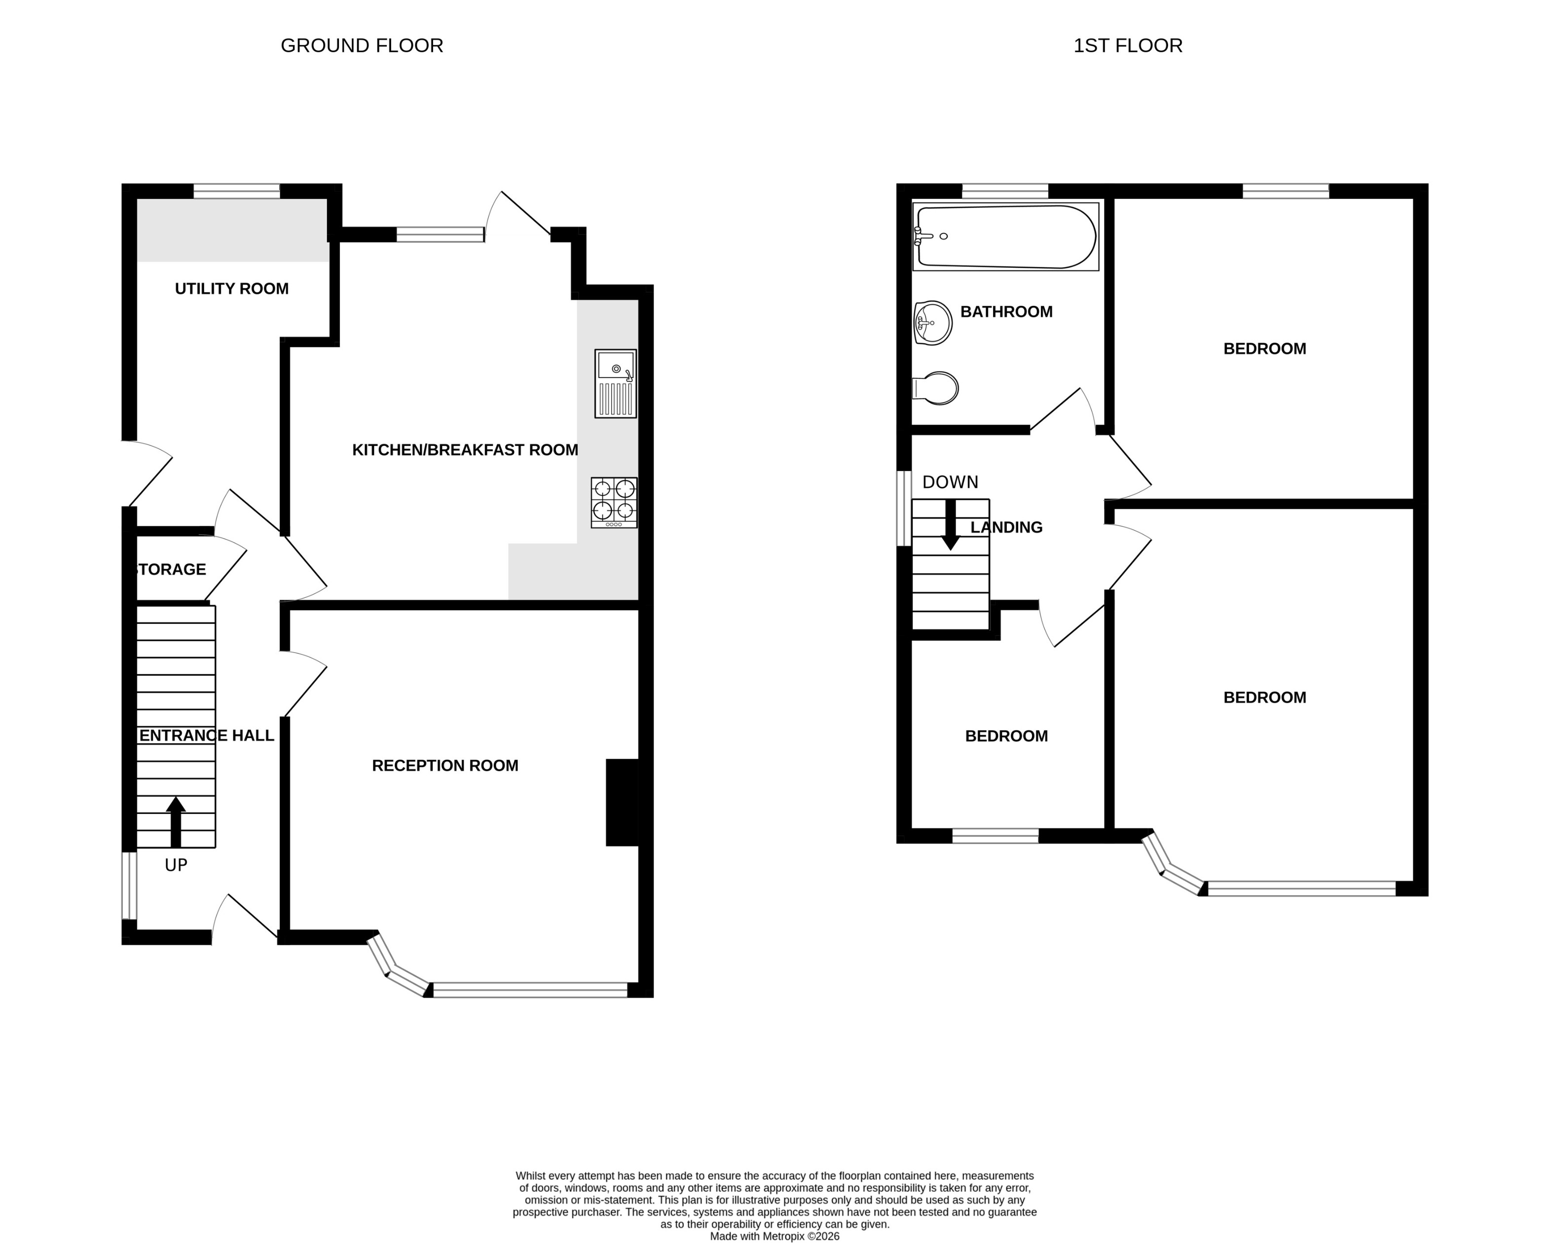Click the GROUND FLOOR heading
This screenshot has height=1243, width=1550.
click(362, 45)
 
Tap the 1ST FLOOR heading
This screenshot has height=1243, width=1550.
click(1127, 45)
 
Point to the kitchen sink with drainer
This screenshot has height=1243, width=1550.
click(615, 384)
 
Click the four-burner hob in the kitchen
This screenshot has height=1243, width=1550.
click(614, 503)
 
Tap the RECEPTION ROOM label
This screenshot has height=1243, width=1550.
click(444, 766)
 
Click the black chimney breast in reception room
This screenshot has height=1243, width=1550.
click(623, 803)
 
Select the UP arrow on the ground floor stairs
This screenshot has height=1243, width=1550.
click(176, 821)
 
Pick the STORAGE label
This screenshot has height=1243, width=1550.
click(171, 569)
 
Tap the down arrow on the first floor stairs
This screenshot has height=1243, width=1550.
click(951, 525)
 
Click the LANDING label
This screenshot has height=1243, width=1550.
click(1006, 528)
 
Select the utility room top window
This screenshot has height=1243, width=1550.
click(236, 191)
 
